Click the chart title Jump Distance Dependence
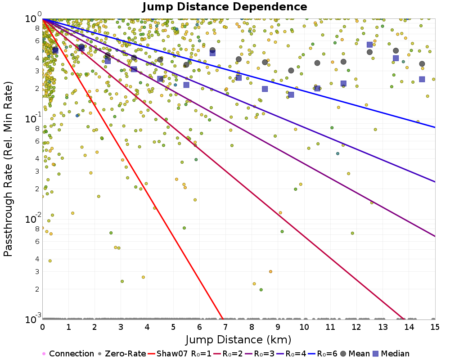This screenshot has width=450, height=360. [x=225, y=7]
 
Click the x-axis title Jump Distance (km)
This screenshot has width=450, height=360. [x=238, y=339]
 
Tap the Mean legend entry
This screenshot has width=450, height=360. [x=353, y=354]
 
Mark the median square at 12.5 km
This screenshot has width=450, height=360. [x=369, y=45]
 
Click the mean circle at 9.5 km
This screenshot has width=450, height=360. [x=291, y=71]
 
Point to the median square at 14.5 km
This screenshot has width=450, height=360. [x=422, y=79]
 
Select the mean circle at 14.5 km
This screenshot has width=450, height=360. [x=422, y=64]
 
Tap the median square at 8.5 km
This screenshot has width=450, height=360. [x=265, y=89]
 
